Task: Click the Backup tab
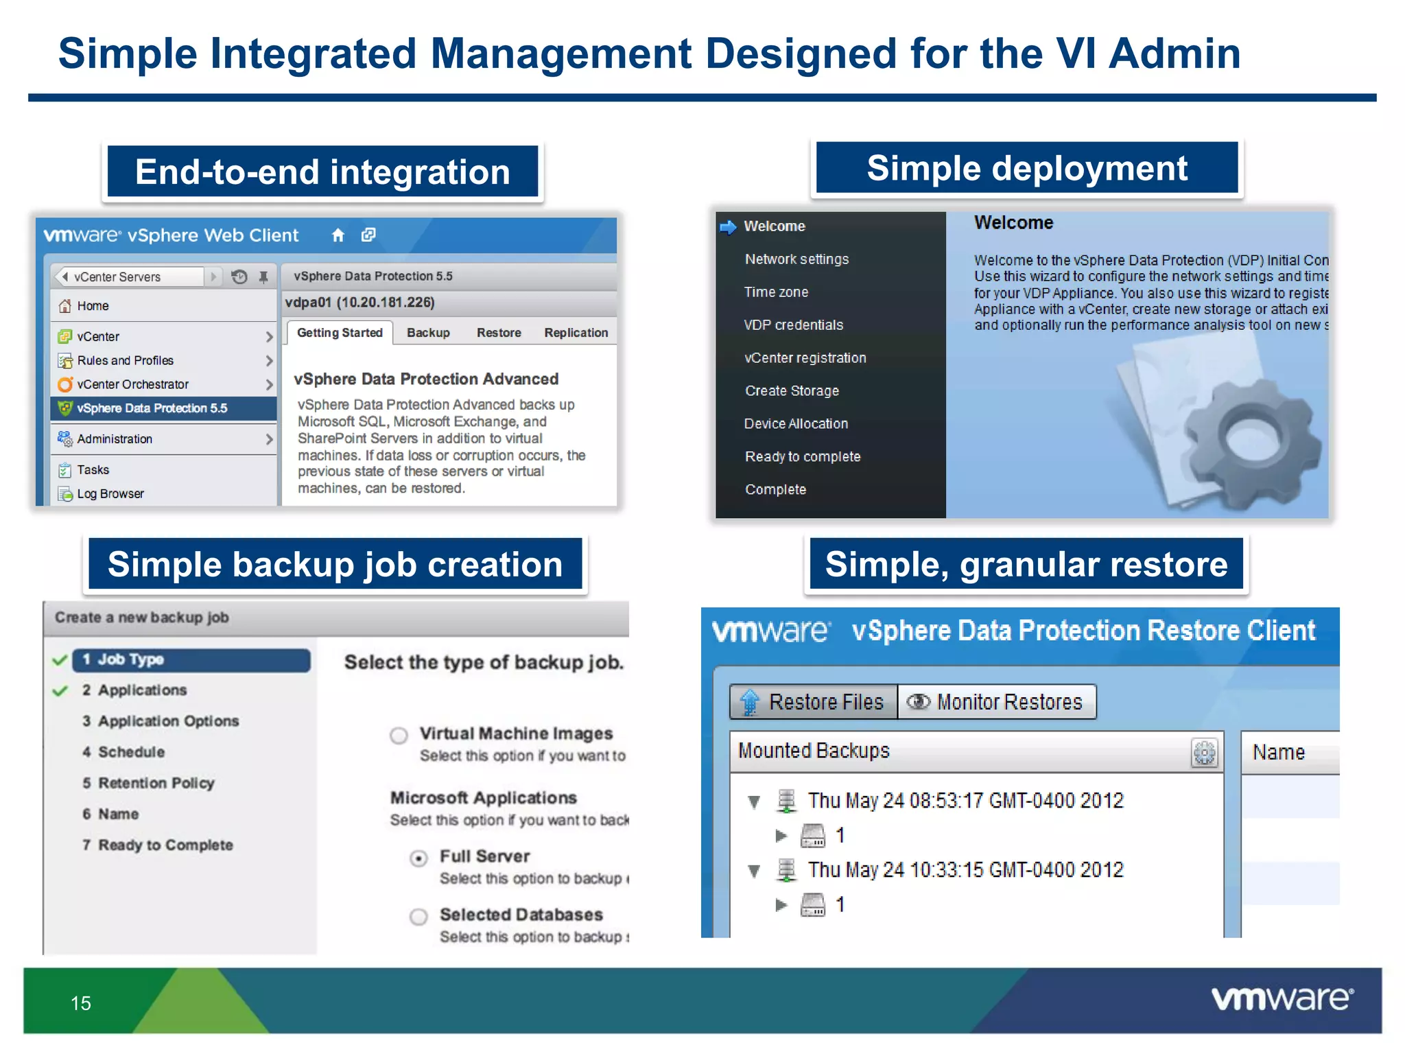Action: (428, 333)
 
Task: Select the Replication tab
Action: (576, 333)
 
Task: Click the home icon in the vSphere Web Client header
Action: (338, 235)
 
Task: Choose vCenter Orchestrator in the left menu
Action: (132, 384)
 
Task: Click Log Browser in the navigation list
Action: (110, 493)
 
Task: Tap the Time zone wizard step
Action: (776, 292)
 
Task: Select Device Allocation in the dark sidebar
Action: (796, 424)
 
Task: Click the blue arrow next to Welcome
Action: (728, 226)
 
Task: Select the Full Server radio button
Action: (418, 858)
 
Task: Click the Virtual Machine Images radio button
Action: (399, 736)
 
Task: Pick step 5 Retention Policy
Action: (156, 783)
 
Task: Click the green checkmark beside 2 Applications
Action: (60, 690)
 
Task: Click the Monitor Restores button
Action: (996, 702)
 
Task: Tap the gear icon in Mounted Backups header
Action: (1204, 753)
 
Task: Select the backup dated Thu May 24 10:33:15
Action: (965, 870)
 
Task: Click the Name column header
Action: (1279, 753)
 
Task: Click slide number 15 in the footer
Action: (81, 1003)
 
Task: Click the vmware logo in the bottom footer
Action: (1282, 998)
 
